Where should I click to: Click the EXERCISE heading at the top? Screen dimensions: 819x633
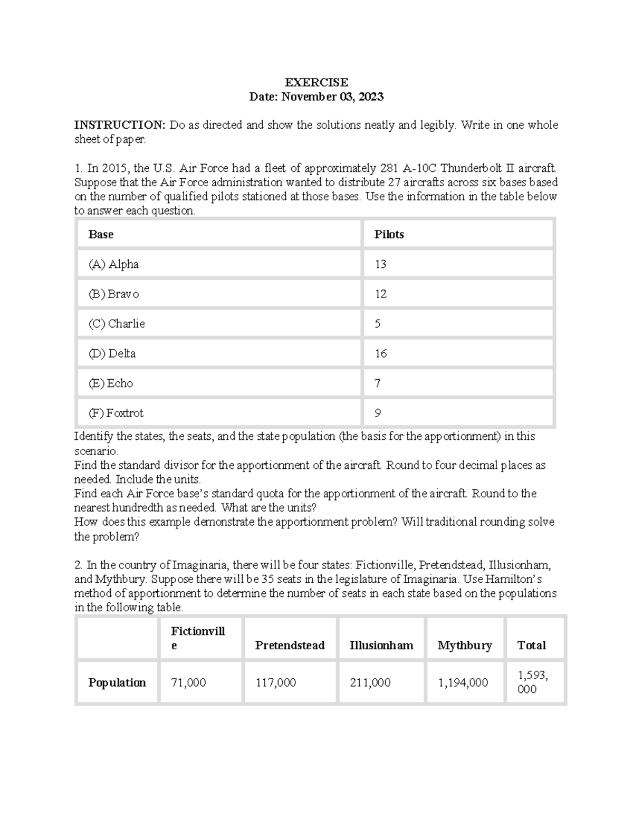[x=316, y=82]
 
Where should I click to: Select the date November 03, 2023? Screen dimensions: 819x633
[x=332, y=97]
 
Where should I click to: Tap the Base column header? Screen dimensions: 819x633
[x=101, y=235]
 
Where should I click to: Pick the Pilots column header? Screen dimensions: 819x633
[x=389, y=235]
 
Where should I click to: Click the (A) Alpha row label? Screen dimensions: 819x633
[x=113, y=264]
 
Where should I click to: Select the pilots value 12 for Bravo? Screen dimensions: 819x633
[x=380, y=294]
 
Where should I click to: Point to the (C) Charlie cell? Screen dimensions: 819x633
[x=117, y=324]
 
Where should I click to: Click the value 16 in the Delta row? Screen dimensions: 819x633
[x=380, y=353]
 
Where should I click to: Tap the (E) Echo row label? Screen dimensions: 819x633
[x=111, y=383]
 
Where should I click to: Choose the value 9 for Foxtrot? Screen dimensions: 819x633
[x=378, y=413]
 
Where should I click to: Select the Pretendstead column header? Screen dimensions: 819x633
[x=290, y=645]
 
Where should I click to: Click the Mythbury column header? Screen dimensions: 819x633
[x=464, y=645]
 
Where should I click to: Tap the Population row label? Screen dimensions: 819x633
[x=117, y=682]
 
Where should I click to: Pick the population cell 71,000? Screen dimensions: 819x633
[x=188, y=682]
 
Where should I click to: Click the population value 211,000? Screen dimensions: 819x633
[x=370, y=682]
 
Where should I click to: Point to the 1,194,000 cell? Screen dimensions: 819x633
[x=463, y=682]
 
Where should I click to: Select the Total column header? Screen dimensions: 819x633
[x=531, y=645]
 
